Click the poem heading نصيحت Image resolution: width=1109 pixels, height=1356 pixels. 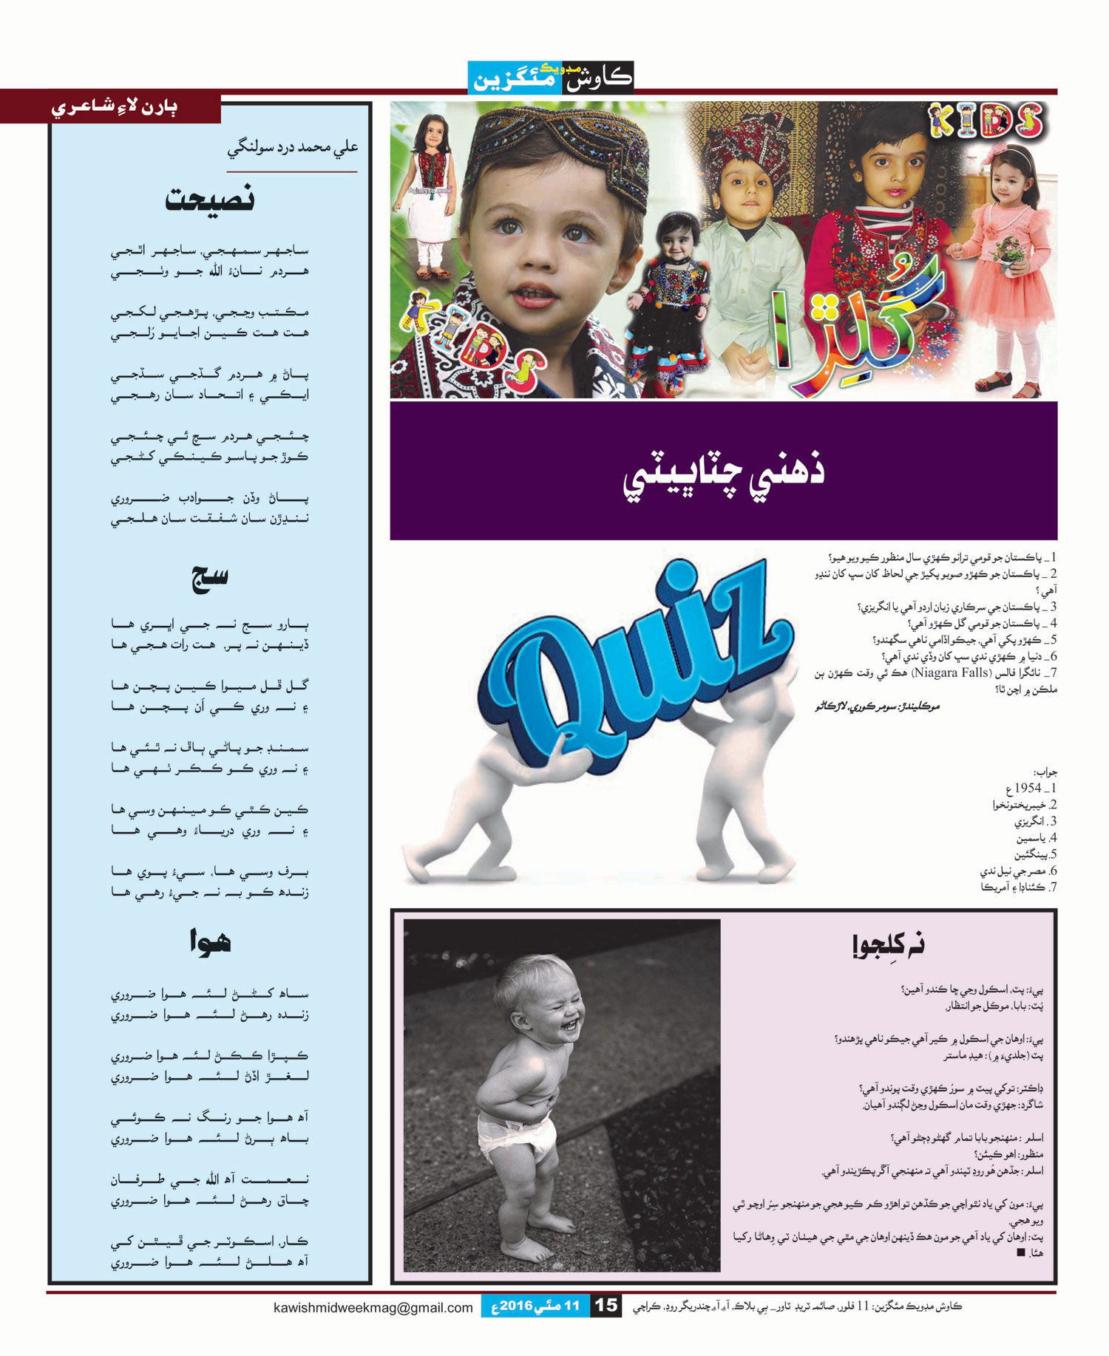coord(210,200)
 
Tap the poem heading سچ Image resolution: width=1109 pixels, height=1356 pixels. coord(210,578)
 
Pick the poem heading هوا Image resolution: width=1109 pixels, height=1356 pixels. coord(210,942)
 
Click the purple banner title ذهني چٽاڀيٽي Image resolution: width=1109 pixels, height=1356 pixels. coord(723,471)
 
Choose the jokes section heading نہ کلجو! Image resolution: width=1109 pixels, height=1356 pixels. coord(887,945)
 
